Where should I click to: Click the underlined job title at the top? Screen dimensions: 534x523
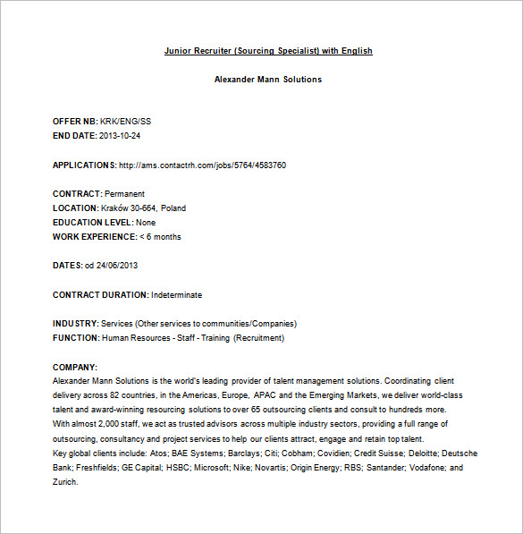[268, 51]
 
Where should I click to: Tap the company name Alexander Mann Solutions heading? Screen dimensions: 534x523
[268, 80]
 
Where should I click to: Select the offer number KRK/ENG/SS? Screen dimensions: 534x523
[126, 122]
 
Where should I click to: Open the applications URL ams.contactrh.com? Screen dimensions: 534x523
[202, 165]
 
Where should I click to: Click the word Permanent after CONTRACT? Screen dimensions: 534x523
[124, 194]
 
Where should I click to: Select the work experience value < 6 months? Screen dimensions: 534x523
[160, 237]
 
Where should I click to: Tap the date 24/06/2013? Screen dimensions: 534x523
[117, 266]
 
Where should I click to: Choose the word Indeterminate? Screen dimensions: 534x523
[177, 294]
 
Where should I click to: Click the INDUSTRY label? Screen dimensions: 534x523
[75, 324]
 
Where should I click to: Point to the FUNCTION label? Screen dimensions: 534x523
[75, 338]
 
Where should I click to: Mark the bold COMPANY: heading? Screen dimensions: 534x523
[75, 367]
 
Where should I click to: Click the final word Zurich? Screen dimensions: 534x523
[65, 482]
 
